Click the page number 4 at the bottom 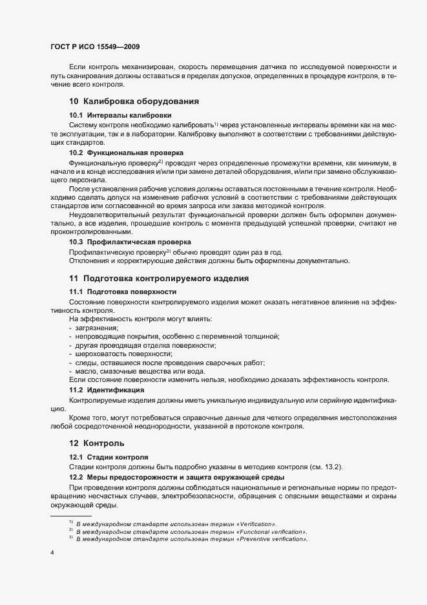click(52, 553)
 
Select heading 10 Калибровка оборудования click(133, 101)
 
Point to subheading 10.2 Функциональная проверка click(121, 152)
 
